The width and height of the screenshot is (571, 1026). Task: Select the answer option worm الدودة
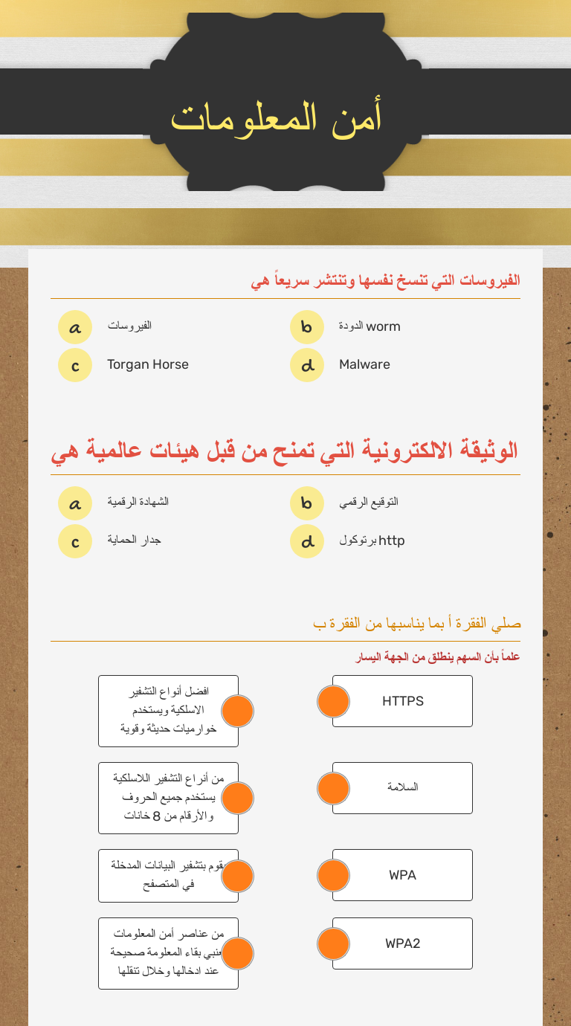click(x=370, y=326)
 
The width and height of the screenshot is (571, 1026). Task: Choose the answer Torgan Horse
click(x=147, y=364)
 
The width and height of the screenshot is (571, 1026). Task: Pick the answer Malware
click(x=364, y=364)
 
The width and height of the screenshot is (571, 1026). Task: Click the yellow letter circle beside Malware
click(x=307, y=365)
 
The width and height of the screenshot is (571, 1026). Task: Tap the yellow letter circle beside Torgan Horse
click(x=75, y=365)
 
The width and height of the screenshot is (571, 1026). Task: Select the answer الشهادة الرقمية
click(x=138, y=502)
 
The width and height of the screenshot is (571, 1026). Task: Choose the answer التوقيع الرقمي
click(x=369, y=502)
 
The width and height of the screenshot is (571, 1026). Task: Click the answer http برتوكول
click(x=372, y=541)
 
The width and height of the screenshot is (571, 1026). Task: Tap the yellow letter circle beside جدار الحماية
click(x=75, y=541)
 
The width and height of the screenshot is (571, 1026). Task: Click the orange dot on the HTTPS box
click(x=333, y=701)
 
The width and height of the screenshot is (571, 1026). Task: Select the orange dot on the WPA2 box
click(x=333, y=943)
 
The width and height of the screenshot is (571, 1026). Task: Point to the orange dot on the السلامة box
click(x=333, y=788)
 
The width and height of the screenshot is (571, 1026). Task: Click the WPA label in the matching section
click(x=402, y=875)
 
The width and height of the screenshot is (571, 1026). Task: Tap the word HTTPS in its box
click(x=402, y=701)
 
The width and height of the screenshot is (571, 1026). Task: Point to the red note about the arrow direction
click(x=438, y=657)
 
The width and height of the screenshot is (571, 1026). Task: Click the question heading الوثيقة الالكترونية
click(x=285, y=451)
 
